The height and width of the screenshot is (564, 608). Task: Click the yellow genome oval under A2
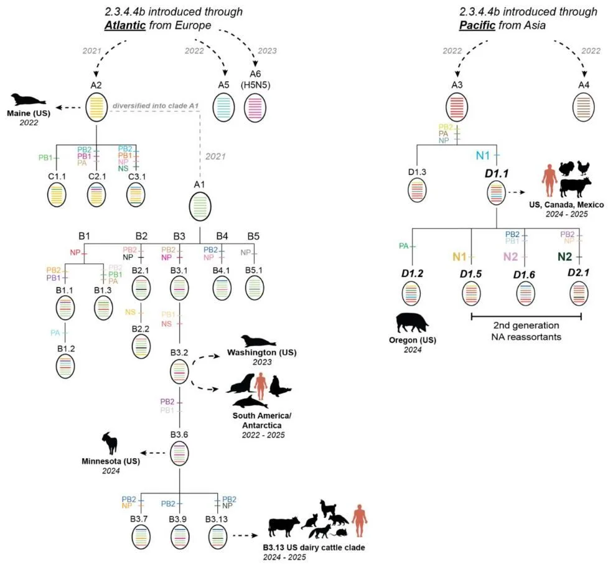96,108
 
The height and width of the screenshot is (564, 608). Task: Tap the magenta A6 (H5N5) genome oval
255,108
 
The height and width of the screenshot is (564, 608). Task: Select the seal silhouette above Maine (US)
28,100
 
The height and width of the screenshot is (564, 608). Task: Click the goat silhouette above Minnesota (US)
110,443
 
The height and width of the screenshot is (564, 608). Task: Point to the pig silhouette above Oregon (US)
412,322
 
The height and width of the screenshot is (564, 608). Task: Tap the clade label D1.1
497,174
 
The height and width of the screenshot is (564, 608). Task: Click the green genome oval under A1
200,206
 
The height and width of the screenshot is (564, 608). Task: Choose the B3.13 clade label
217,519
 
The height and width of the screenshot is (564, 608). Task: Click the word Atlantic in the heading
125,26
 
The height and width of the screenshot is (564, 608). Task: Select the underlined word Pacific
477,26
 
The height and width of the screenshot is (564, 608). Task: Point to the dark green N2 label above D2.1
564,256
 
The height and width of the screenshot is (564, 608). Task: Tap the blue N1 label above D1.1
483,156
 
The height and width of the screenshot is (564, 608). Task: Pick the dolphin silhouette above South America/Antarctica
250,402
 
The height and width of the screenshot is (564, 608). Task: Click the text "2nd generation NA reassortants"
526,331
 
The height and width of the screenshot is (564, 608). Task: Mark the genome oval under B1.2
65,367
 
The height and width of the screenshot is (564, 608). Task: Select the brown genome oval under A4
584,108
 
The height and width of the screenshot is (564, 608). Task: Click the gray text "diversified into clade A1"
156,106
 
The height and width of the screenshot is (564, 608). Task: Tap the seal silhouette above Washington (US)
258,341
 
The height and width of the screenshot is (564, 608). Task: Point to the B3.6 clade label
179,435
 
